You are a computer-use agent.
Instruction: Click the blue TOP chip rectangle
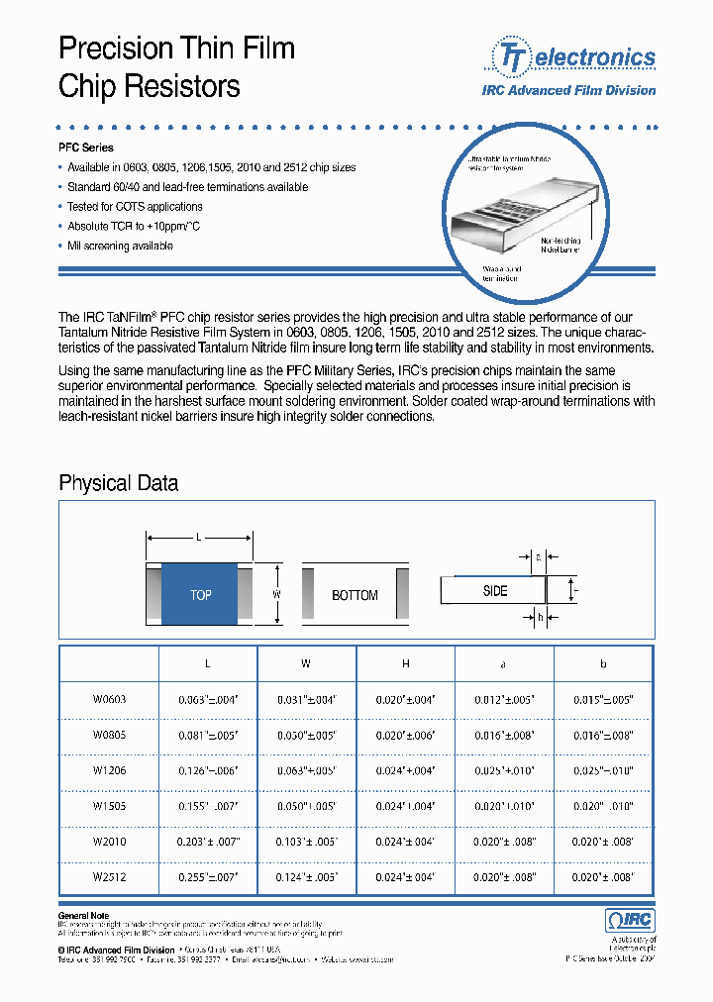coord(200,594)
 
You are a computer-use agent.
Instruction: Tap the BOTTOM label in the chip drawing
coord(355,595)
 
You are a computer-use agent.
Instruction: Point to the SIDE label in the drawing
coord(495,591)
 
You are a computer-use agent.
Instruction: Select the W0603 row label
coord(110,699)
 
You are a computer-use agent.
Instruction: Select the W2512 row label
coord(110,876)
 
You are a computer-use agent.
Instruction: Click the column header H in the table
coord(405,664)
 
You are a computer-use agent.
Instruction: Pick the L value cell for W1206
coord(208,770)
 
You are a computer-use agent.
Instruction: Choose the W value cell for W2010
coord(306,842)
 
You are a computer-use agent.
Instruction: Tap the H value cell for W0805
coord(405,735)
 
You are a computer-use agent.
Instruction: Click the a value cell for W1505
coord(504,806)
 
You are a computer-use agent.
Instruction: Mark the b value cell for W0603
coord(603,699)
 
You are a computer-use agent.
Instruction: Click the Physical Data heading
coord(119,483)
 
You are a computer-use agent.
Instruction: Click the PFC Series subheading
coord(86,148)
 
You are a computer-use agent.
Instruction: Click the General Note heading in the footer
coord(84,916)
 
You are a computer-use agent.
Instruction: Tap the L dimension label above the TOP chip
coord(199,537)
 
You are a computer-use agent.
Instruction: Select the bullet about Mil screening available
coord(120,246)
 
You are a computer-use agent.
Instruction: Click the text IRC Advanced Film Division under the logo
coord(582,90)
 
